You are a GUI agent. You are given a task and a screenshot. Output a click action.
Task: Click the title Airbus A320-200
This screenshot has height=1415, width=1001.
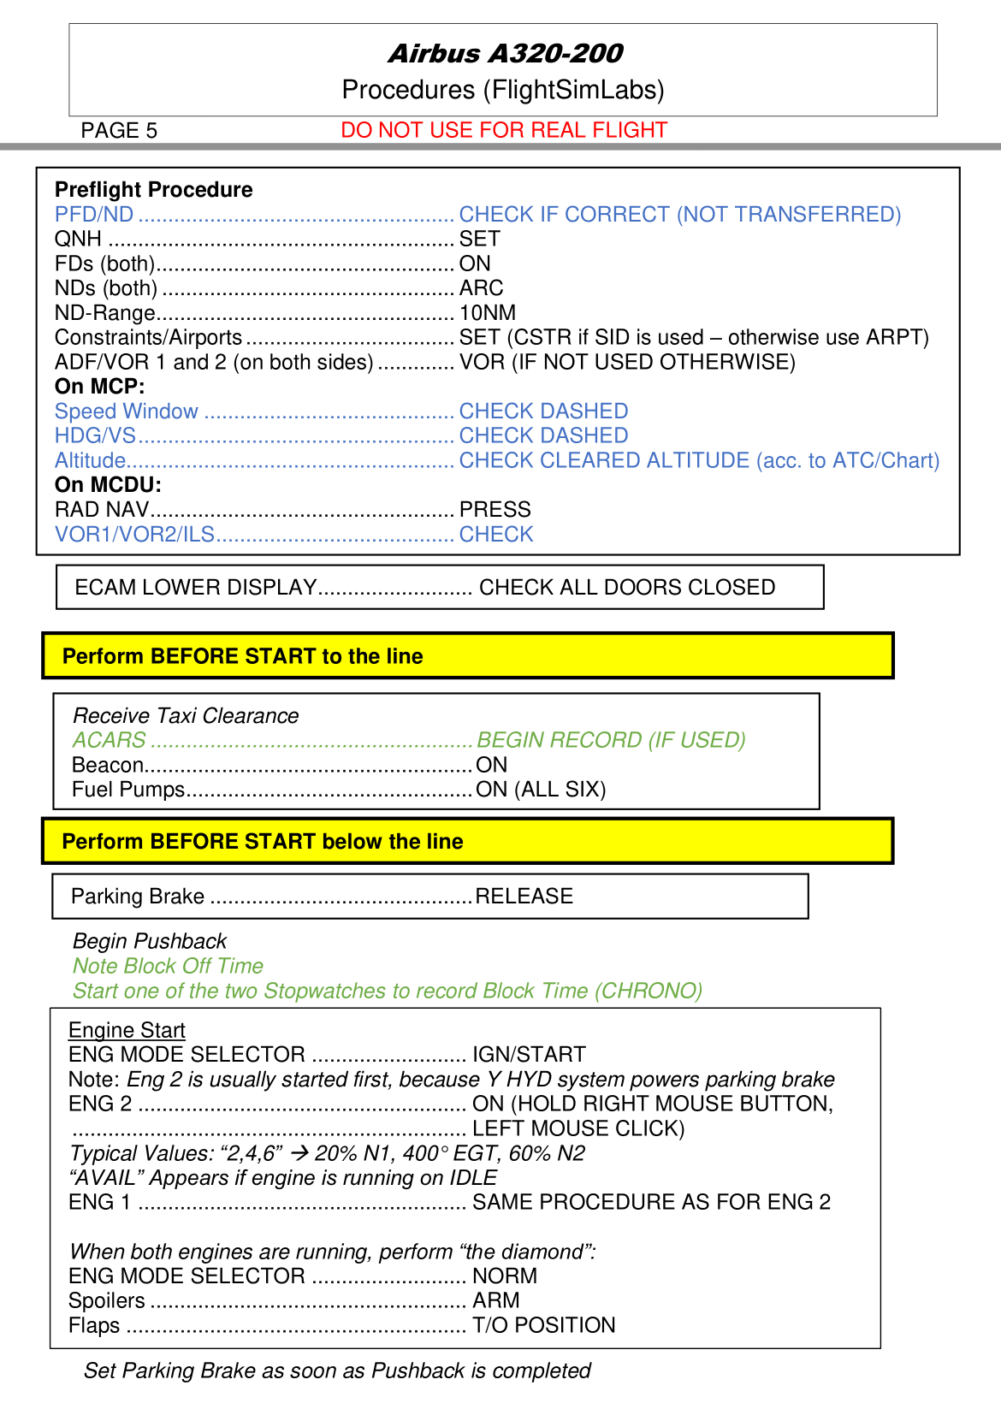click(x=505, y=54)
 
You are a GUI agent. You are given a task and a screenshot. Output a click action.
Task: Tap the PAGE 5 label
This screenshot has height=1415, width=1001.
click(x=119, y=131)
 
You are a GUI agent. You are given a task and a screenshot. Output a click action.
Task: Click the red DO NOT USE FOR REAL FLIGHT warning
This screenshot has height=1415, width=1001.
click(x=503, y=130)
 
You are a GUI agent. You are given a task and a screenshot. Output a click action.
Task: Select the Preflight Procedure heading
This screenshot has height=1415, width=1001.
click(x=154, y=190)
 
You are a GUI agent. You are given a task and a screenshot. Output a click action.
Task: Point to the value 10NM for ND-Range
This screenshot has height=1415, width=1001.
click(x=488, y=313)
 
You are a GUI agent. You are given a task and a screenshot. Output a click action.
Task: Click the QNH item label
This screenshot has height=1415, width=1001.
click(x=78, y=240)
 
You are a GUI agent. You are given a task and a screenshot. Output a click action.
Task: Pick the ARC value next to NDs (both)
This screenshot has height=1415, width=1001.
click(x=481, y=288)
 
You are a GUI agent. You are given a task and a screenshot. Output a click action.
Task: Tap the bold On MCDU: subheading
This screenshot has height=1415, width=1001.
click(x=108, y=485)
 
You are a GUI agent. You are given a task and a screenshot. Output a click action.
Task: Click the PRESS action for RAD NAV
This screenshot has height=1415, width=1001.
click(x=495, y=510)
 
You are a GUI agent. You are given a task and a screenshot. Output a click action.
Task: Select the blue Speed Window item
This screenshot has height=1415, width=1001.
click(x=127, y=411)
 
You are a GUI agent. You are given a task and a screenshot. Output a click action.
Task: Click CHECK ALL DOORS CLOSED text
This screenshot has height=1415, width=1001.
click(x=627, y=588)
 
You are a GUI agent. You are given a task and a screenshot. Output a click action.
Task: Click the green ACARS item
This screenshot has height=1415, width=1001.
click(x=110, y=740)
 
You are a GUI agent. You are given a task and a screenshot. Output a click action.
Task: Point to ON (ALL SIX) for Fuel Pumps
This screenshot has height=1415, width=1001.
click(x=541, y=790)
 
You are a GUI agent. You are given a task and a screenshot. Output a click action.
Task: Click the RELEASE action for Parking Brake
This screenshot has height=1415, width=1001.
click(x=524, y=897)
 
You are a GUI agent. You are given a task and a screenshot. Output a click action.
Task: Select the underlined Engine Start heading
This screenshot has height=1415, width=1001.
click(x=127, y=1030)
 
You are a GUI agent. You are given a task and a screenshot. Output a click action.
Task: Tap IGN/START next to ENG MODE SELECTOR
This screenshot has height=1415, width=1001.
click(x=529, y=1055)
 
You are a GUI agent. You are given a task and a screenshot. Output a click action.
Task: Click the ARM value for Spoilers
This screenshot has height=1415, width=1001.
click(x=495, y=1301)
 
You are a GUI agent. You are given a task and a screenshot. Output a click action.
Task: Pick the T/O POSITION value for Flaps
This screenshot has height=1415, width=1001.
click(x=543, y=1326)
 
